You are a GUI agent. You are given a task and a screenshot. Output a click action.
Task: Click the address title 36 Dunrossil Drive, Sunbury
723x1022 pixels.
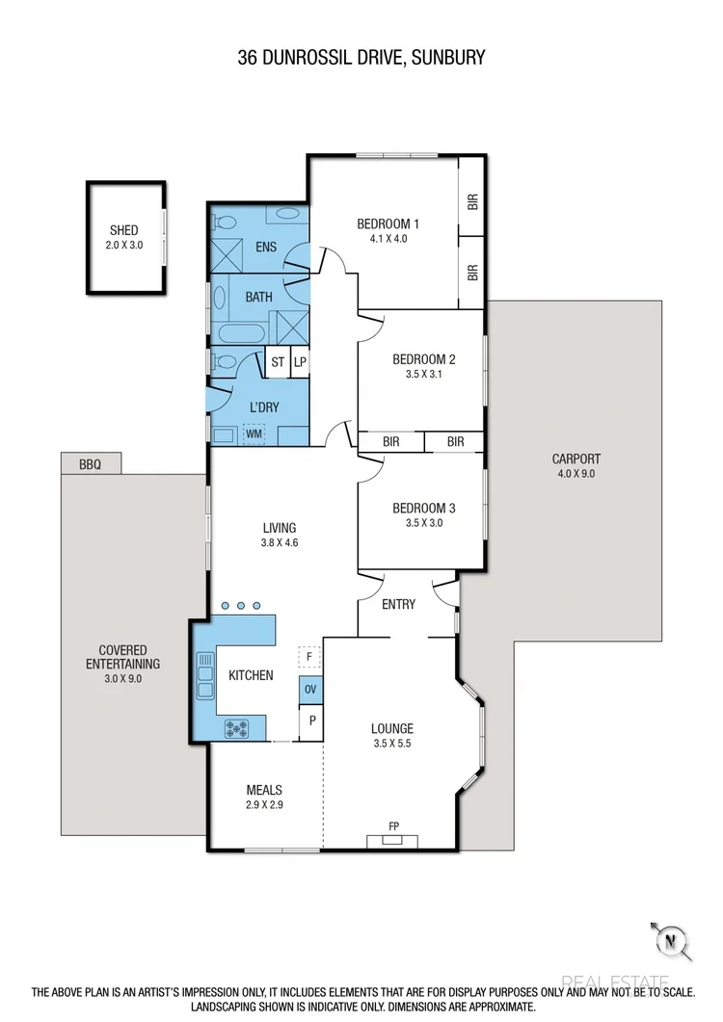pos(361,58)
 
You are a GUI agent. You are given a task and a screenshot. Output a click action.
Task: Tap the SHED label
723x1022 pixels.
pos(123,230)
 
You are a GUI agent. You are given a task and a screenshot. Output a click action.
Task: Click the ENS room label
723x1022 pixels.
pos(266,247)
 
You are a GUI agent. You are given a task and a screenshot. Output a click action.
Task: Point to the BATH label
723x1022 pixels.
pos(258,297)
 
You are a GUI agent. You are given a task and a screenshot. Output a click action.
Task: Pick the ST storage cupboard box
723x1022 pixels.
pos(278,362)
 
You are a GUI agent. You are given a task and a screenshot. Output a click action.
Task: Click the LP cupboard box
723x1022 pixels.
pos(300,362)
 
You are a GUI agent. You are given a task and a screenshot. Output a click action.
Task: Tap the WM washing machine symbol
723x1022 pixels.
pos(254,434)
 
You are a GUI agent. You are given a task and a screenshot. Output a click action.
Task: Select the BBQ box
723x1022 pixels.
pos(93,464)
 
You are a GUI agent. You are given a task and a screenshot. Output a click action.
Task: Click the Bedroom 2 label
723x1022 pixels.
pos(423,359)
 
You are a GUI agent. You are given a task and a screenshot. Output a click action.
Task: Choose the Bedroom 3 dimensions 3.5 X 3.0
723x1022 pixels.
pos(423,523)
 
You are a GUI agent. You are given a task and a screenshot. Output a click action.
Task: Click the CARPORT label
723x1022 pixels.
pos(576,459)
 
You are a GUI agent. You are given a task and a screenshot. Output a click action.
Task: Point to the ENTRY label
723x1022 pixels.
pos(398,604)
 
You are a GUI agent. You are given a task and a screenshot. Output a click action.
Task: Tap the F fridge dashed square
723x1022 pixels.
pos(308,656)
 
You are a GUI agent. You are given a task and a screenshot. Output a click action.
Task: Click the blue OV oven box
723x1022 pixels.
pos(310,690)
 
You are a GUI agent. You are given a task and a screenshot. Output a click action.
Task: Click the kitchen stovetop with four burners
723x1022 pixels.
pos(237,728)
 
